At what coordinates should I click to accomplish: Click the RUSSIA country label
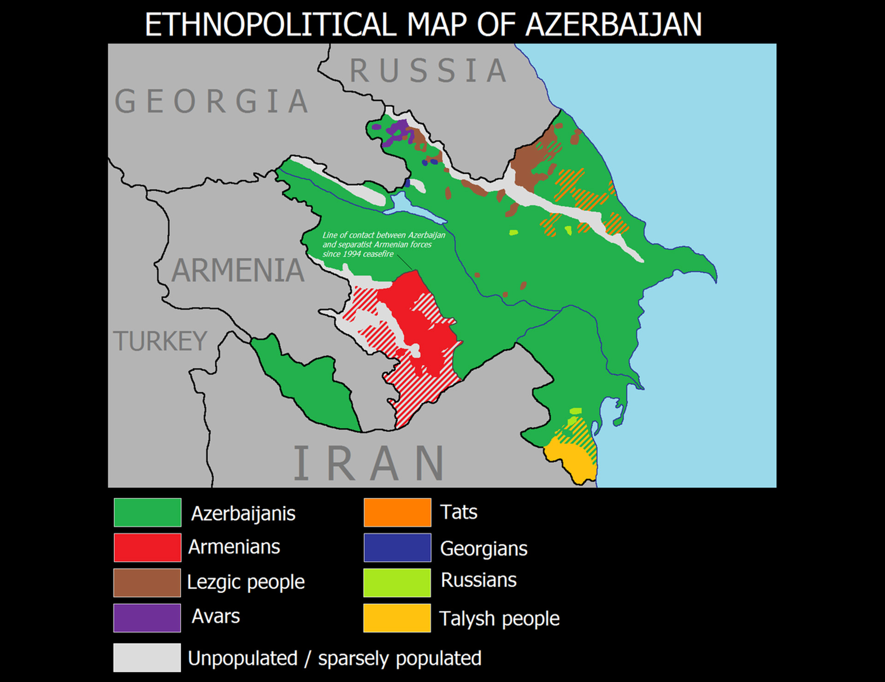pos(429,71)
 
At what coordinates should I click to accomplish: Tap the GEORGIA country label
pos(212,101)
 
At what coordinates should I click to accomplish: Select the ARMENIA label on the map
pos(238,270)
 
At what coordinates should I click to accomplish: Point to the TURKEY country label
pos(160,341)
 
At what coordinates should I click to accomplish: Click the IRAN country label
pos(369,463)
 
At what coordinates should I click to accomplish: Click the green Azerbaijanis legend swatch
pos(147,512)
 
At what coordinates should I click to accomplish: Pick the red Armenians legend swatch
pos(147,547)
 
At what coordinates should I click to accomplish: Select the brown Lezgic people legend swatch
pos(147,582)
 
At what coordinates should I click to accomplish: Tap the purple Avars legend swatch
pos(147,617)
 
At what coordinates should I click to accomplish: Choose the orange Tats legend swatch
pos(397,512)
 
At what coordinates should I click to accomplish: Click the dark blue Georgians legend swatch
pos(397,547)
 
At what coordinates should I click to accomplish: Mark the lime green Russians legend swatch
pos(397,582)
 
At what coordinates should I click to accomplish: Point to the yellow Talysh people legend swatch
pos(397,618)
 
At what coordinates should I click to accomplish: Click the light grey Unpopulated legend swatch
pos(147,658)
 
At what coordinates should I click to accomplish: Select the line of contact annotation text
pos(383,244)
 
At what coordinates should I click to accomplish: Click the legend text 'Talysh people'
pos(500,618)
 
